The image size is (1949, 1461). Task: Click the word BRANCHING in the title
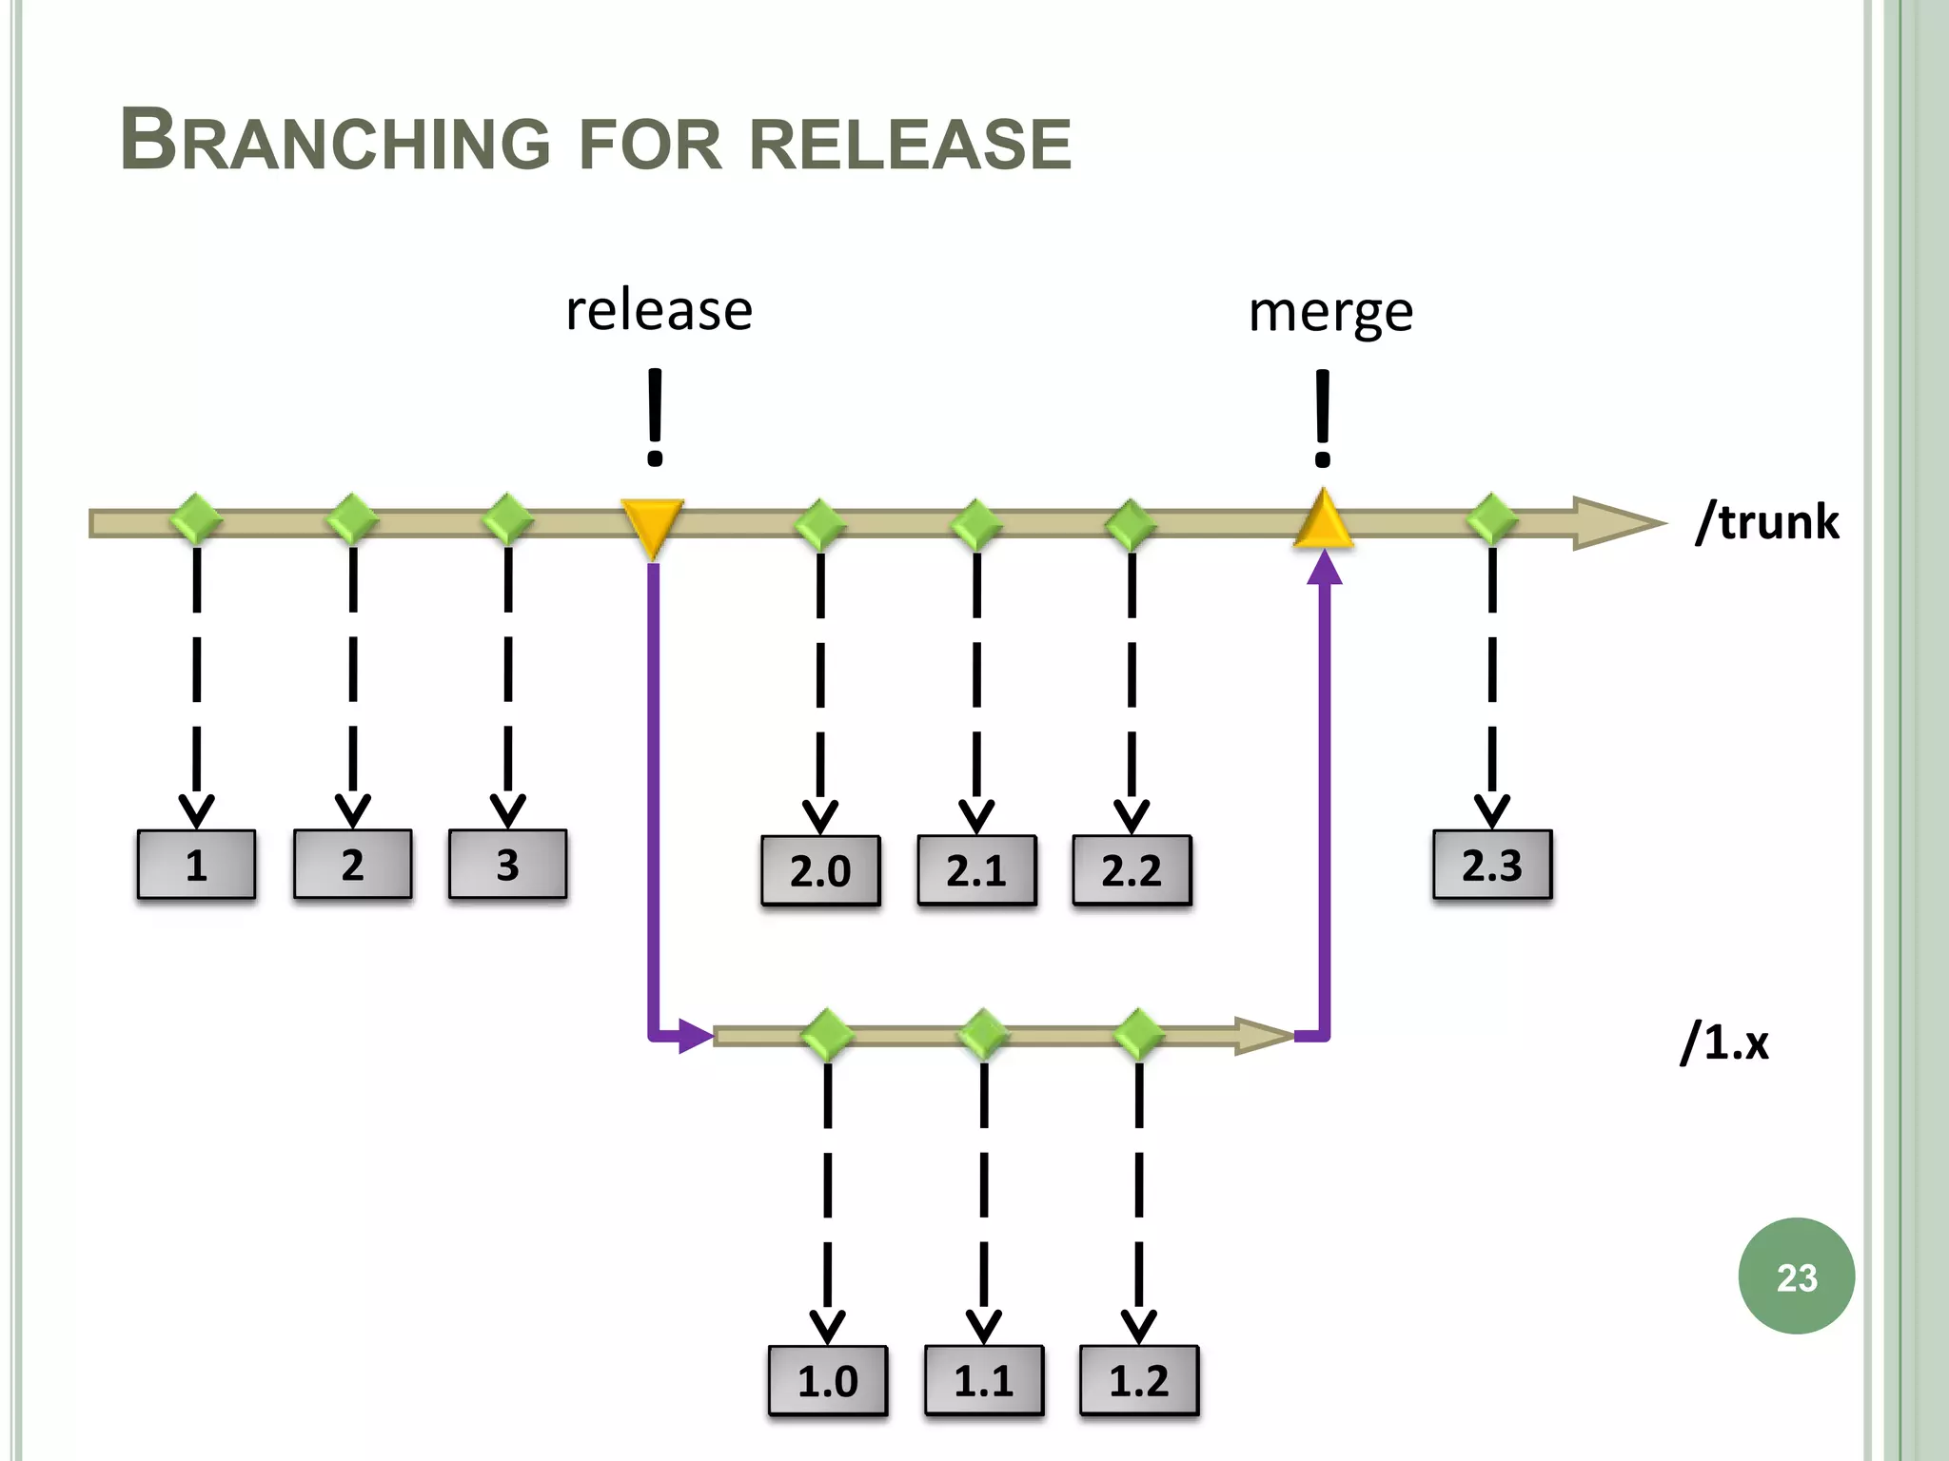coord(335,142)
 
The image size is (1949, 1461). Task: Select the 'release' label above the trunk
coord(659,311)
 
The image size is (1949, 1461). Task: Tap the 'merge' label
coord(1330,313)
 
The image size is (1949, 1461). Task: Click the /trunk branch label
coord(1767,522)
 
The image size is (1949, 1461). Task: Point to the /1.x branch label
coord(1724,1042)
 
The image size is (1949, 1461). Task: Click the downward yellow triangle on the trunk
coord(653,525)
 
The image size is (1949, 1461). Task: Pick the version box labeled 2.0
coord(820,870)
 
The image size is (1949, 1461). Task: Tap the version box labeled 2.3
coord(1492,865)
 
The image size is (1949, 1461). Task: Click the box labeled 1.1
coord(984,1380)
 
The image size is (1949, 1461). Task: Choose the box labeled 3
coord(507,865)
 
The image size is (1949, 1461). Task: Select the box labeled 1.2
coord(1139,1380)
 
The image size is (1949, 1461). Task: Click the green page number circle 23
coord(1796,1276)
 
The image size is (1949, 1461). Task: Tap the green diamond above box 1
coord(196,520)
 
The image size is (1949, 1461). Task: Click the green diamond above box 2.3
coord(1491,520)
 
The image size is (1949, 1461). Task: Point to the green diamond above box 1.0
coord(827,1035)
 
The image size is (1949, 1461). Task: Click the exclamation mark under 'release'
coord(655,419)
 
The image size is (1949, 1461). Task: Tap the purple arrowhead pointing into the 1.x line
coord(696,1036)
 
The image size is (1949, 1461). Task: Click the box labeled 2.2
coord(1132,870)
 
